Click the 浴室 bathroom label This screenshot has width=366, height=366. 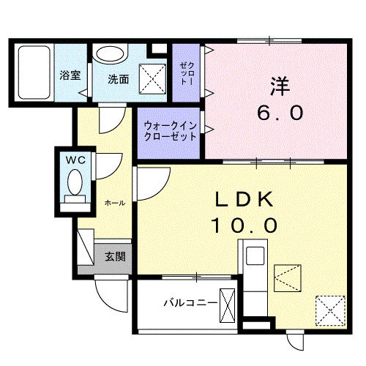[x=70, y=75]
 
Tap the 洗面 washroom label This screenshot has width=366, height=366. [x=119, y=78]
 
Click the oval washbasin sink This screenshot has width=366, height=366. [x=111, y=55]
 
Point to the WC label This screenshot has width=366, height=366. [x=76, y=158]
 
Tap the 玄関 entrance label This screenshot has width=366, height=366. [x=114, y=256]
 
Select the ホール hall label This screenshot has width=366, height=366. [x=113, y=201]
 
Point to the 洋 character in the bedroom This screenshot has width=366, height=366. [x=280, y=86]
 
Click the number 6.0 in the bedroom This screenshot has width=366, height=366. [x=280, y=113]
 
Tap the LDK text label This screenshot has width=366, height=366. [x=244, y=199]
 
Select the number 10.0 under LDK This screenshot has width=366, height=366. [x=244, y=225]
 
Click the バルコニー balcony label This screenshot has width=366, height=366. [x=190, y=302]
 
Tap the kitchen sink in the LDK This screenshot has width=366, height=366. [x=256, y=257]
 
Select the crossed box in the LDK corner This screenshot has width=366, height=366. [x=330, y=308]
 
